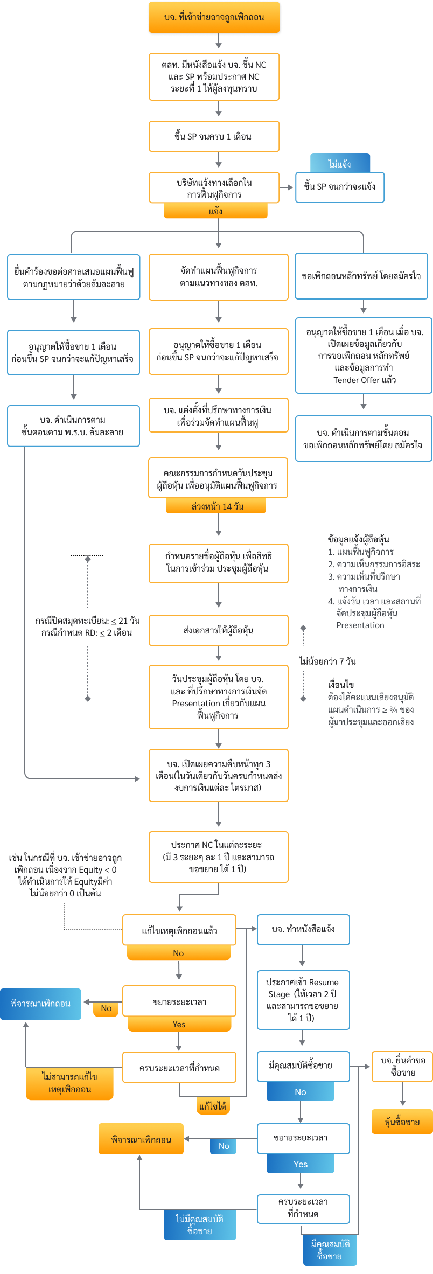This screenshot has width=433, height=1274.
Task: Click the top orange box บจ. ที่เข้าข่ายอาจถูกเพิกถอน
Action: (x=214, y=17)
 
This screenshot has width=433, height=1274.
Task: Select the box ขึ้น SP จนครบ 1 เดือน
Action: (x=214, y=136)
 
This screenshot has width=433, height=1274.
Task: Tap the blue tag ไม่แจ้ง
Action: (x=340, y=163)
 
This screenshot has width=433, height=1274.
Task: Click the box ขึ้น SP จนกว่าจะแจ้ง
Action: (x=340, y=187)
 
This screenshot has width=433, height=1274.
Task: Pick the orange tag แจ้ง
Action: (x=215, y=211)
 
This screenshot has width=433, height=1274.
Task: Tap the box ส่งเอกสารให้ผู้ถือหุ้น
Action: (x=218, y=630)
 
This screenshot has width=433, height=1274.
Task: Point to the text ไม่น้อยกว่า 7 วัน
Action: (x=327, y=661)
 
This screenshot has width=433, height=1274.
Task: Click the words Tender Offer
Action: (x=355, y=380)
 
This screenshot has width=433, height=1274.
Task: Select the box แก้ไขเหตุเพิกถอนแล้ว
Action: (x=179, y=930)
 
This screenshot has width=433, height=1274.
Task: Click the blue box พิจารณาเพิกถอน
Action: (x=40, y=1004)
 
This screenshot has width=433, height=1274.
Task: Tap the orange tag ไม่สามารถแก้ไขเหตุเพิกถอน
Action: (x=69, y=1083)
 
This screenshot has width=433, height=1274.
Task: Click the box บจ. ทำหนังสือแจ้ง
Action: (x=303, y=929)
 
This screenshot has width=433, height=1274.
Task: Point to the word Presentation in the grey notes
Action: (x=360, y=625)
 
